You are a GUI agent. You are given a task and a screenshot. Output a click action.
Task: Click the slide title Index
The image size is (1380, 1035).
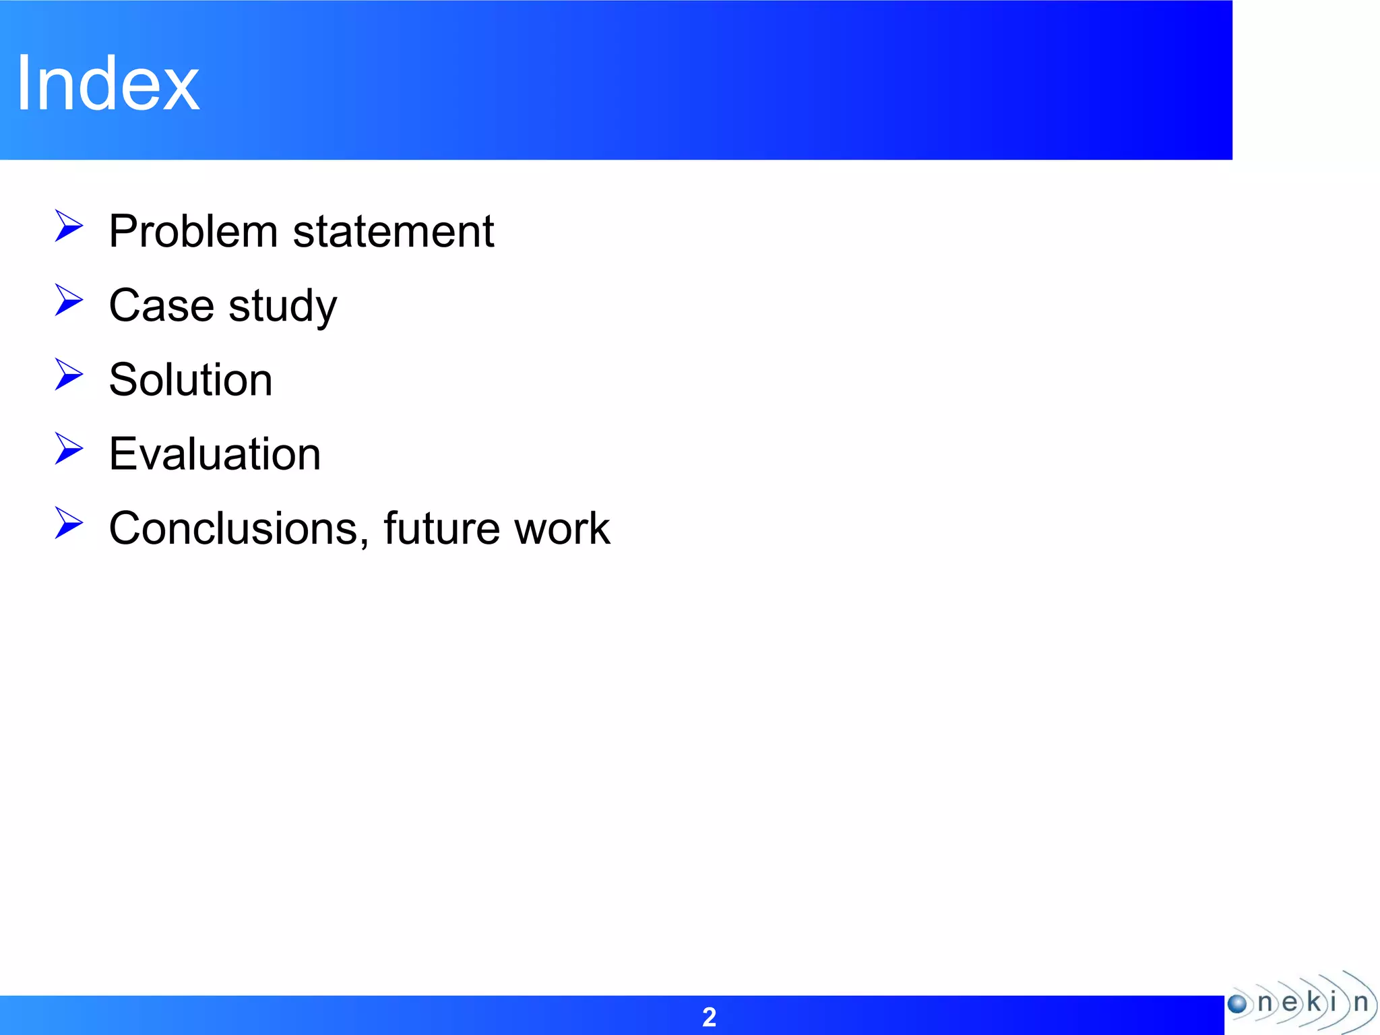coord(108,84)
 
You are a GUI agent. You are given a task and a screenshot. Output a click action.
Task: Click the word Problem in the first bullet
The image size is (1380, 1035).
coord(193,231)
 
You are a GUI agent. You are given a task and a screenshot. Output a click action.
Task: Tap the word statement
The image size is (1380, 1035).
coord(394,231)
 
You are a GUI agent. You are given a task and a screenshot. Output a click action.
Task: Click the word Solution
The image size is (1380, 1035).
coord(191,379)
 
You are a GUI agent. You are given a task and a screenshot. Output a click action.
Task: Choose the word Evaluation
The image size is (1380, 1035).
coord(214,453)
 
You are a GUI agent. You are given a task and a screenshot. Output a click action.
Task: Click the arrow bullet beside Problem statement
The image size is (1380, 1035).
coord(69,226)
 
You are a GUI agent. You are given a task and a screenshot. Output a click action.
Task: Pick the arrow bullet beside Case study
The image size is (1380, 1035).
coord(69,300)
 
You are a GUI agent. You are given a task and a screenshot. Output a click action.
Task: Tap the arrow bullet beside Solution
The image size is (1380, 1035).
coord(69,374)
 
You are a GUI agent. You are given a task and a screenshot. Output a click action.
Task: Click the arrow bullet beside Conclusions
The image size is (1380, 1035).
coord(69,523)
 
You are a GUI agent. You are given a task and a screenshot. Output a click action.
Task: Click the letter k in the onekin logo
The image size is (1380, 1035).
coord(1313,1002)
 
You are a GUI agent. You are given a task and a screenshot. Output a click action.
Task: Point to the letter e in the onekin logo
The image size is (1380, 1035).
coord(1289,1003)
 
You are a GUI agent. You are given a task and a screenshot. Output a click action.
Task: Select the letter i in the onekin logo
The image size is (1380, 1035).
coord(1333,1001)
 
